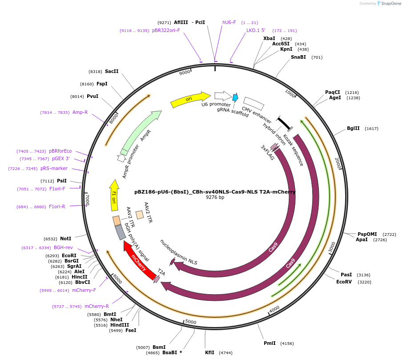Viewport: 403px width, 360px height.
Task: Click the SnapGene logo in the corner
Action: coord(389,4)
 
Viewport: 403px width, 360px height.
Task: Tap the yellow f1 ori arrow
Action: coord(114,196)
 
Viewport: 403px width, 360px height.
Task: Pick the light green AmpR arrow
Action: coord(140,131)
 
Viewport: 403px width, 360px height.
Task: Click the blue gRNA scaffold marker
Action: coord(235,97)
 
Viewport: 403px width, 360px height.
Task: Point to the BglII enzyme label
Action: coord(353,129)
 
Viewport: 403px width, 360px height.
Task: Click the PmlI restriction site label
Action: coord(270,343)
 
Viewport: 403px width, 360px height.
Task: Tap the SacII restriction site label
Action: coord(112,71)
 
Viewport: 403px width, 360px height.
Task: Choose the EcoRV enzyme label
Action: coord(344,282)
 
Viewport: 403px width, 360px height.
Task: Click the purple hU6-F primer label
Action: coord(229,22)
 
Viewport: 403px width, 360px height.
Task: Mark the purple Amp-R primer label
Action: coord(80,112)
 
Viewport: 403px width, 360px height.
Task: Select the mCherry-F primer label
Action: coord(84,290)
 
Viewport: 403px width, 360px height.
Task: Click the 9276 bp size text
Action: coord(215,197)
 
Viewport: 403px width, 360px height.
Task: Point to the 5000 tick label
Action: coord(191,322)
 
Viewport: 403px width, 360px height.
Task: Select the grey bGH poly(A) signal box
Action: coord(120,232)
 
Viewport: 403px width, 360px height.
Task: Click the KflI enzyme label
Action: coord(210,352)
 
